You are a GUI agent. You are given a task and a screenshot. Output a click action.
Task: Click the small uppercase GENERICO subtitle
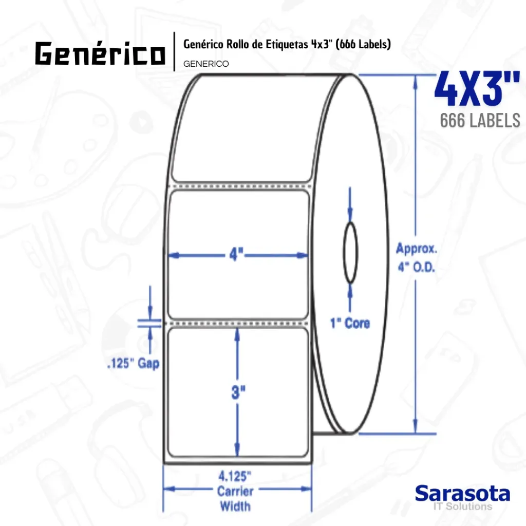[x=206, y=64]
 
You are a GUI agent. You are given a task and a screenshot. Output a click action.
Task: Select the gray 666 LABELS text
[x=480, y=120]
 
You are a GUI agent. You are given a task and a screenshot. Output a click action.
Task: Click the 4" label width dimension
[x=237, y=254]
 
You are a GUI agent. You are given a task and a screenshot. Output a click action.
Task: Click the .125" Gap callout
[x=133, y=364]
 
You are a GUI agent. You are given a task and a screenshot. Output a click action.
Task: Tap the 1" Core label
[x=349, y=323]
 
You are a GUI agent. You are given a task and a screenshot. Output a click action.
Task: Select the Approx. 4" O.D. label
[x=417, y=258]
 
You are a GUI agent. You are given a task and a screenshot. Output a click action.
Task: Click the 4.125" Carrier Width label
[x=235, y=491]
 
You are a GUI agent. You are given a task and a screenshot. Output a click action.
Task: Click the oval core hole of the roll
[x=350, y=253]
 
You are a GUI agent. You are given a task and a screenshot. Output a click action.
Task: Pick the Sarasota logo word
[x=462, y=494]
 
